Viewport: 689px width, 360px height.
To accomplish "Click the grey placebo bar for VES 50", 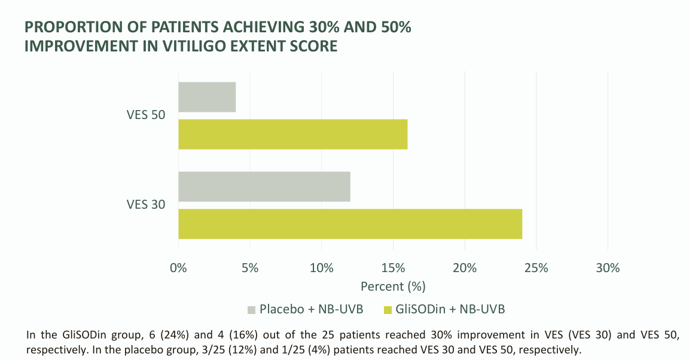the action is [207, 97].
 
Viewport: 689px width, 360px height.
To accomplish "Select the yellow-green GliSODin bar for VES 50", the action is [293, 134].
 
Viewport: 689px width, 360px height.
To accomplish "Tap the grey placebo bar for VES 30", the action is [264, 187].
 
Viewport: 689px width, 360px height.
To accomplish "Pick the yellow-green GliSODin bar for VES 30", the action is [350, 224].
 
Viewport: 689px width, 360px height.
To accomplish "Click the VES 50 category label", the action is [146, 115].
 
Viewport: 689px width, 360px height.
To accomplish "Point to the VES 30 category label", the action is [146, 205].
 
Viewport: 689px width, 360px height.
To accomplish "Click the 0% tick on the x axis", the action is [178, 268].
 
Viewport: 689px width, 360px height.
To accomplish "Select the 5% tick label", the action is [250, 268].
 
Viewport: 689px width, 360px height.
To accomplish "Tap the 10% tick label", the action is [322, 268].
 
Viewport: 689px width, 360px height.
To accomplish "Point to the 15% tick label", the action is [394, 268].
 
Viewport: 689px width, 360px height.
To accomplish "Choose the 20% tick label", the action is [465, 268].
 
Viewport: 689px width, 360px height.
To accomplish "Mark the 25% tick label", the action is [536, 268].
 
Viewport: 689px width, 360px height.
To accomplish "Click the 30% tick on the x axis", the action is [608, 268].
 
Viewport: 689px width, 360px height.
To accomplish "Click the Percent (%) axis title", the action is [394, 286].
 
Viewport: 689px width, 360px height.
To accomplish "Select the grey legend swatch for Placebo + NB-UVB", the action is [251, 310].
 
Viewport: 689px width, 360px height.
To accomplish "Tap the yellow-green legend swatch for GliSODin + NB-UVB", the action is [388, 310].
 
